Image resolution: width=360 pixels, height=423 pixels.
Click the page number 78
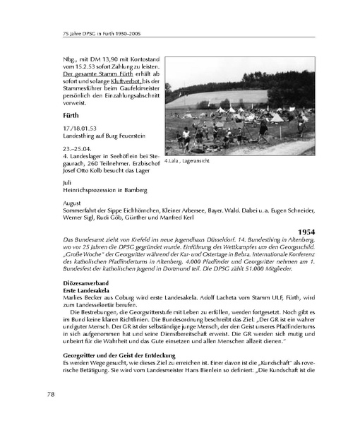(x=52, y=393)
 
